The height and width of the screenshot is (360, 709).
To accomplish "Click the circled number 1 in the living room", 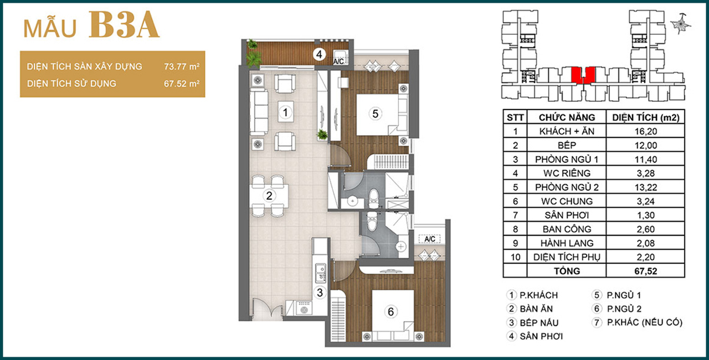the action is tap(285, 112).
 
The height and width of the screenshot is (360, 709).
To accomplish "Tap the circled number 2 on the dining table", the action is tap(269, 196).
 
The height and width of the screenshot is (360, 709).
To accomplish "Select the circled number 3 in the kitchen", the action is tap(320, 292).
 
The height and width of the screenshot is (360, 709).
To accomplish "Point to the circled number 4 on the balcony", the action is tap(319, 54).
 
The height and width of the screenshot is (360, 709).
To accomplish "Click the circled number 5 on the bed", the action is tap(376, 114).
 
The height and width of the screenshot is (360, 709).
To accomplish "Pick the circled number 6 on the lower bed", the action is tap(391, 312).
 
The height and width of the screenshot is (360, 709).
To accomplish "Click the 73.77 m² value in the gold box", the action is tap(182, 66).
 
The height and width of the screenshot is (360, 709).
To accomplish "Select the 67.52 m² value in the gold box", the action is tap(182, 84).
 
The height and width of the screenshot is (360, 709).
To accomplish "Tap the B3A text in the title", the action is tap(124, 25).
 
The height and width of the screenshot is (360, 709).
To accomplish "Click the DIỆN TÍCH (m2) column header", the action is tap(646, 117).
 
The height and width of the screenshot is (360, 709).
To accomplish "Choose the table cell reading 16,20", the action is tap(646, 131).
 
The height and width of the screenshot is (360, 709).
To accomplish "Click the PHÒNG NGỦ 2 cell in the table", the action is tap(567, 187).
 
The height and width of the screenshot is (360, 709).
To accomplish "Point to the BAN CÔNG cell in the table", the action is tap(567, 229).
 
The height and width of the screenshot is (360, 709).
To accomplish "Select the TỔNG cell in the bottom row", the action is tap(567, 271).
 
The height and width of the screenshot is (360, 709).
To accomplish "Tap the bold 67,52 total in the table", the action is tap(646, 271).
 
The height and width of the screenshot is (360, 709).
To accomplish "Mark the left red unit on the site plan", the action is tap(577, 75).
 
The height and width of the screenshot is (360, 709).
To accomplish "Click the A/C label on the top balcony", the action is tap(338, 61).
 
